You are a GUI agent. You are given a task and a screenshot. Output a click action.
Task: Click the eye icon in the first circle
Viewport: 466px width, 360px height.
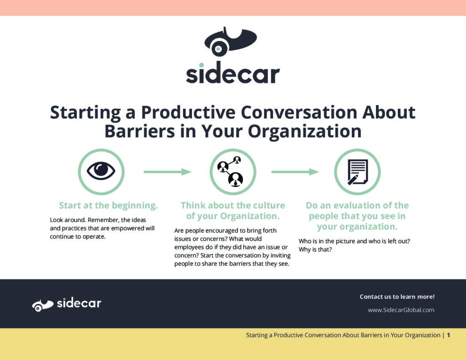[101, 171]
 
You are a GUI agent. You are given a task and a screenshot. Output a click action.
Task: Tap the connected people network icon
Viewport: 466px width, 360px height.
[231, 171]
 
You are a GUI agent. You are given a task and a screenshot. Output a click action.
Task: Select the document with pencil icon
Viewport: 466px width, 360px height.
[358, 172]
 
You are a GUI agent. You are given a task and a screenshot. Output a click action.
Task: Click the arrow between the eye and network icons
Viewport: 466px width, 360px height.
[167, 172]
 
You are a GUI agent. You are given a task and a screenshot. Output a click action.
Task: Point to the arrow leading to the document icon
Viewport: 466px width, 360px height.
[295, 172]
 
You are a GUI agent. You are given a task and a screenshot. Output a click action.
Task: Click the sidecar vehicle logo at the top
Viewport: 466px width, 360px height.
[231, 41]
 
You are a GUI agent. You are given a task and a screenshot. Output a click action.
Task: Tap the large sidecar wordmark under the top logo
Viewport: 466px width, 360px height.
[233, 73]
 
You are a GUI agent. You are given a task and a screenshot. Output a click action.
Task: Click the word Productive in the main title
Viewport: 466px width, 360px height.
[188, 112]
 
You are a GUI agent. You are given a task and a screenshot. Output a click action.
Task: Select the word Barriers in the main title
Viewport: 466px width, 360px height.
[140, 131]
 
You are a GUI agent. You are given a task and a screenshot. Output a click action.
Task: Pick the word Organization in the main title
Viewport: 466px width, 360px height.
[304, 132]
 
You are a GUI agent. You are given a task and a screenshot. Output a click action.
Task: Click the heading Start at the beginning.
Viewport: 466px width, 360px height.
[108, 205]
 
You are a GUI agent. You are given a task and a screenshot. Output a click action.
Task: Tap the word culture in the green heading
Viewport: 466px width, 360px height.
[267, 205]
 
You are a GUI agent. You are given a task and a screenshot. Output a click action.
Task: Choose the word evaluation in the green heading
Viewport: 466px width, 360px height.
[355, 205]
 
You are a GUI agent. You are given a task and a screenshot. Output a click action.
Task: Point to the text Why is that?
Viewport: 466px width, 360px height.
[315, 249]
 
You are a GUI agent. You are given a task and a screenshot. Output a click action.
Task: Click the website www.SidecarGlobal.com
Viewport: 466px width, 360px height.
[401, 310]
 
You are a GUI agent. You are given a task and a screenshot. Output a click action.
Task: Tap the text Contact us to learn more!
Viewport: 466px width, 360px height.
[397, 297]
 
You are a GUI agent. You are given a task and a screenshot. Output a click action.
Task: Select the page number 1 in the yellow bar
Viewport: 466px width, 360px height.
[448, 335]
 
